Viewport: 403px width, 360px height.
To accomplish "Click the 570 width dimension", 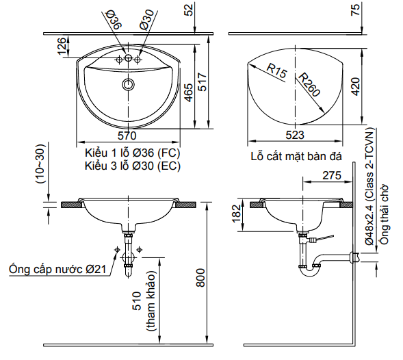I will click(126, 135).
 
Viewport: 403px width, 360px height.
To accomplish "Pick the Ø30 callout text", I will click(146, 18).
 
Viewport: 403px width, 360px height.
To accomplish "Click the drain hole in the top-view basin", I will click(127, 84).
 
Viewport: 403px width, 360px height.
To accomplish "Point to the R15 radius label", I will click(276, 70).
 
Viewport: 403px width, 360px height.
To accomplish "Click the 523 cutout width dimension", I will click(296, 135).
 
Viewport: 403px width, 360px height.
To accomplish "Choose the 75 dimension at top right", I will click(355, 10).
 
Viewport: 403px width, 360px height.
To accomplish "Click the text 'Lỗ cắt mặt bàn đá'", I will click(296, 157).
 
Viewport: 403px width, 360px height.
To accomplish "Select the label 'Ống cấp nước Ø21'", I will click(57, 269).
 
